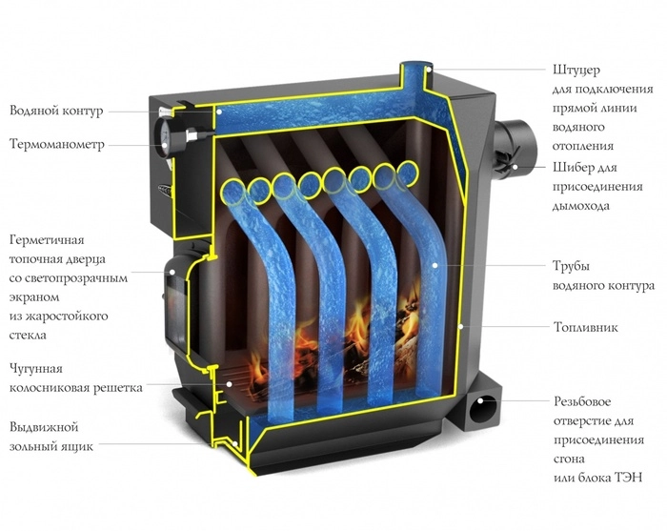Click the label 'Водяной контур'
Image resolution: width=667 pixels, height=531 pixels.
(55, 111)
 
